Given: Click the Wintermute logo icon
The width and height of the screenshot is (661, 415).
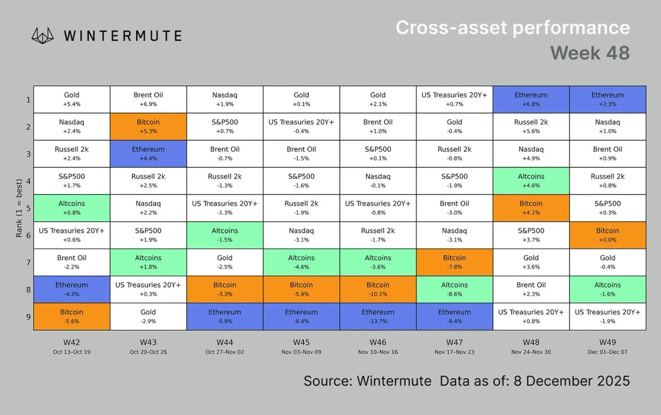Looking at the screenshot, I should [44, 36].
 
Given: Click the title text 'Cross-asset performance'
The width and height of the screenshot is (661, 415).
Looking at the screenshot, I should [512, 28].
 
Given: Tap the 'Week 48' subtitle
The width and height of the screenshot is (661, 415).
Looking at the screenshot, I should [589, 53].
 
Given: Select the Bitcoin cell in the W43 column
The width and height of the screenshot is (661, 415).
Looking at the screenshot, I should [148, 127].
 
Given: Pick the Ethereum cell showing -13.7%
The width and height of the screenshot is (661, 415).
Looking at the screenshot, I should [378, 316].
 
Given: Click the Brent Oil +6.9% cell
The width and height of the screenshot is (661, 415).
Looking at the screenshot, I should [148, 100].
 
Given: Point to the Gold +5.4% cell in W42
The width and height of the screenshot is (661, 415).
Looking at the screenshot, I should [72, 100].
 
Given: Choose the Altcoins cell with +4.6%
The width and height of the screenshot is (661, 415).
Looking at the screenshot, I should [531, 181].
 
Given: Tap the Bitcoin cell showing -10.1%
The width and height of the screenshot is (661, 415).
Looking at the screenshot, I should [378, 290].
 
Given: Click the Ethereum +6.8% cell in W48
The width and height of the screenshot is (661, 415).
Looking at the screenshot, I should [531, 100].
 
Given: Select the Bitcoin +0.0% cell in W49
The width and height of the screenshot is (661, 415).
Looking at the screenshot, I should [608, 235].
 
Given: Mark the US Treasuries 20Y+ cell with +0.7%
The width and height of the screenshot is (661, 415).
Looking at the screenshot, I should [454, 100].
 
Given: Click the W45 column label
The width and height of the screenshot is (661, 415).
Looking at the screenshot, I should [301, 342].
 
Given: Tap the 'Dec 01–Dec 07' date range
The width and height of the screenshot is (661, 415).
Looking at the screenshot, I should [608, 352].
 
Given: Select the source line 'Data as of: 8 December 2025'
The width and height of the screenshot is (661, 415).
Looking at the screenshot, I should [534, 381].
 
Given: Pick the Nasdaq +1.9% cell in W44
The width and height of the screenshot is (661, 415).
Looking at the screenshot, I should [225, 100].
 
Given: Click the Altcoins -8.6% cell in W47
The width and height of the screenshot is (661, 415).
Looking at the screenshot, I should [454, 290].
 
